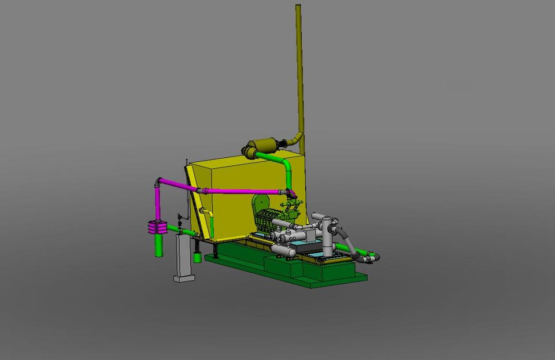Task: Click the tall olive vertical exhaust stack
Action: (299, 69)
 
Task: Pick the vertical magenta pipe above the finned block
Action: (157, 202)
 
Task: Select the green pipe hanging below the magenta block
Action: (158, 246)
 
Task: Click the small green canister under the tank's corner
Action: (197, 257)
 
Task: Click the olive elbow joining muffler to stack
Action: (296, 139)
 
